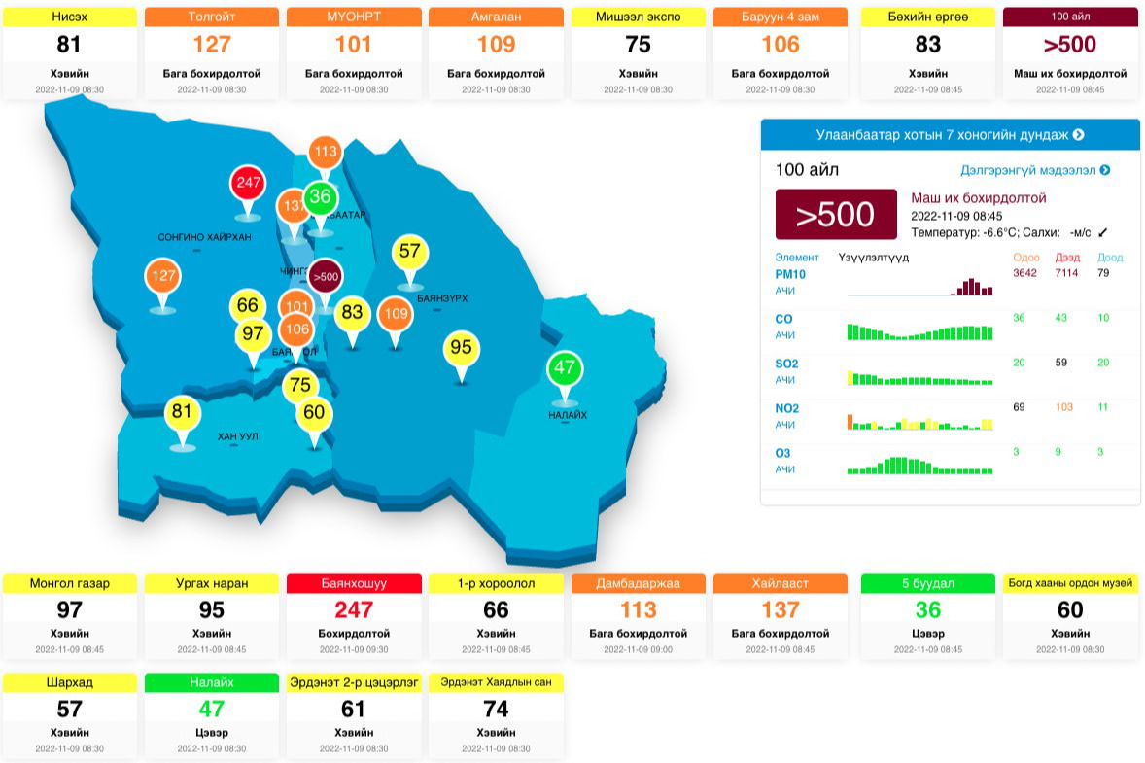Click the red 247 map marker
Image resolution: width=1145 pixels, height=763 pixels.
click(x=248, y=183)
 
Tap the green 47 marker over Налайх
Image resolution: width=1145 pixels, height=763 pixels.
click(x=564, y=368)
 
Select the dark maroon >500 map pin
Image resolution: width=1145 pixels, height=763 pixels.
click(x=326, y=277)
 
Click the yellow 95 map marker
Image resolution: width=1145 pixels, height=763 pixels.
click(x=461, y=348)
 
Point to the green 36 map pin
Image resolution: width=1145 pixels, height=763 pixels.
click(x=320, y=197)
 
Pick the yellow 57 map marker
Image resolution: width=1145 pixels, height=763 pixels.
click(x=409, y=252)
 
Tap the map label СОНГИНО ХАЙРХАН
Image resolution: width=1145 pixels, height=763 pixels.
click(x=204, y=237)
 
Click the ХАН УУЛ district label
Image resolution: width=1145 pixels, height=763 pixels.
click(x=237, y=436)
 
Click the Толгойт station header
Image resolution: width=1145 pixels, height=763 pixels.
click(x=212, y=17)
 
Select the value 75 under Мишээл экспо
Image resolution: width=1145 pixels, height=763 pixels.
click(x=638, y=45)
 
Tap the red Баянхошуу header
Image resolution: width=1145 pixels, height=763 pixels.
click(x=354, y=583)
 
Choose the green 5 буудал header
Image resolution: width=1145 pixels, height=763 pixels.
click(x=928, y=583)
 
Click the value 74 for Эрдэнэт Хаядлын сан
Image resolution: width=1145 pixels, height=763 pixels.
click(x=496, y=710)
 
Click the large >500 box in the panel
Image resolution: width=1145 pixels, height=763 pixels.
click(x=836, y=215)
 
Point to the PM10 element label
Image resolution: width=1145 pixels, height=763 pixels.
click(x=790, y=274)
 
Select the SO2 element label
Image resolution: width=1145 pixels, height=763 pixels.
click(x=786, y=364)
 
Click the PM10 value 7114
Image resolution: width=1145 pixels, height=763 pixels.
click(x=1066, y=273)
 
